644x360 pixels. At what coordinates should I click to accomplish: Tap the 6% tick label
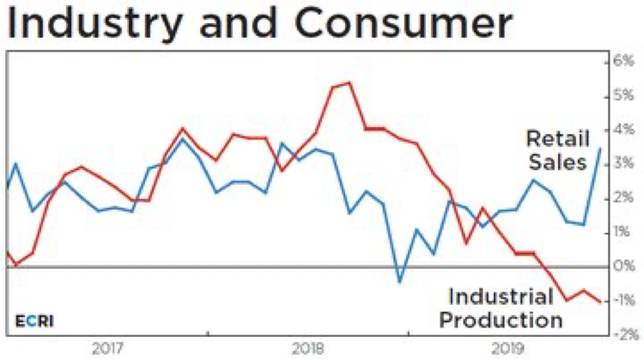pyautogui.click(x=622, y=63)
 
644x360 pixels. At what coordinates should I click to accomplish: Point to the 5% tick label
pyautogui.click(x=622, y=96)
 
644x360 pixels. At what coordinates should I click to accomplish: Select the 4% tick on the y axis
pyautogui.click(x=622, y=131)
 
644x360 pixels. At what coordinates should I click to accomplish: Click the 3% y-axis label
pyautogui.click(x=622, y=164)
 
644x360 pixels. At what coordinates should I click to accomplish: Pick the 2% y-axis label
pyautogui.click(x=622, y=198)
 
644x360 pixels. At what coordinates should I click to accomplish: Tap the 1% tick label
pyautogui.click(x=622, y=232)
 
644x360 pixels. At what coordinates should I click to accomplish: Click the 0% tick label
pyautogui.click(x=622, y=266)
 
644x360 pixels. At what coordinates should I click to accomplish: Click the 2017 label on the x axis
pyautogui.click(x=107, y=349)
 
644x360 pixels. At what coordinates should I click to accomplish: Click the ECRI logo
pyautogui.click(x=33, y=321)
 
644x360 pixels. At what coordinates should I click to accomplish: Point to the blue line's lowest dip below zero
pyautogui.click(x=399, y=281)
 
